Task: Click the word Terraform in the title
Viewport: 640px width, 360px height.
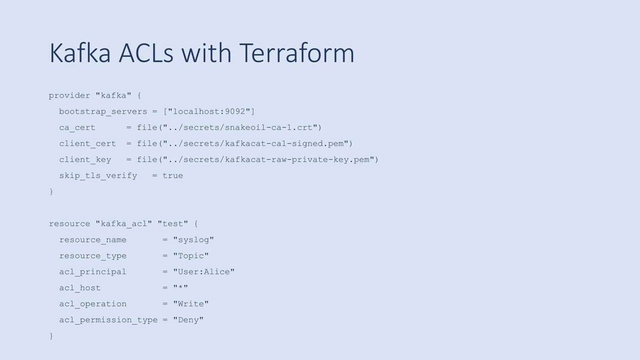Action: (x=297, y=53)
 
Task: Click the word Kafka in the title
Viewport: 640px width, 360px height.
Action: (x=80, y=53)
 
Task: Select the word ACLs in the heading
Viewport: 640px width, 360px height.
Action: (x=146, y=53)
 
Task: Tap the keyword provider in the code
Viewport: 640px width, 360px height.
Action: (x=69, y=95)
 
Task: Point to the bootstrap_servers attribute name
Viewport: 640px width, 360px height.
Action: (x=103, y=111)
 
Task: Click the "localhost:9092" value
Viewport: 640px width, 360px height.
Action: (x=209, y=111)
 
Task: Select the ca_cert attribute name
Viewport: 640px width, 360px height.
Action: (x=77, y=127)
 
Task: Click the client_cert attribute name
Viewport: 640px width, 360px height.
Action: (x=87, y=143)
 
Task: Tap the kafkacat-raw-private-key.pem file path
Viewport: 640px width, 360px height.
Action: (x=269, y=159)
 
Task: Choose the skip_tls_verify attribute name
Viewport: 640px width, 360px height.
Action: (x=98, y=175)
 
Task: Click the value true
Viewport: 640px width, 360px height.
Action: (x=173, y=175)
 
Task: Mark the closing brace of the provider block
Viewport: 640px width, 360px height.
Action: (x=51, y=191)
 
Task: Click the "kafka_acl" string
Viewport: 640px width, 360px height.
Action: (x=124, y=223)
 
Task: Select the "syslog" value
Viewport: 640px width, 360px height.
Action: (x=194, y=239)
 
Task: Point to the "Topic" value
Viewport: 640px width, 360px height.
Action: (x=191, y=255)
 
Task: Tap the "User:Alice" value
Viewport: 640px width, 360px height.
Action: (x=204, y=271)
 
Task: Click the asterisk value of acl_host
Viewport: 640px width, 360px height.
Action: (x=181, y=287)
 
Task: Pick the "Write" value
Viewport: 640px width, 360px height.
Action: (x=191, y=303)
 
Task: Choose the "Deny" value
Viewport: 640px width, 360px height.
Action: (x=188, y=319)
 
